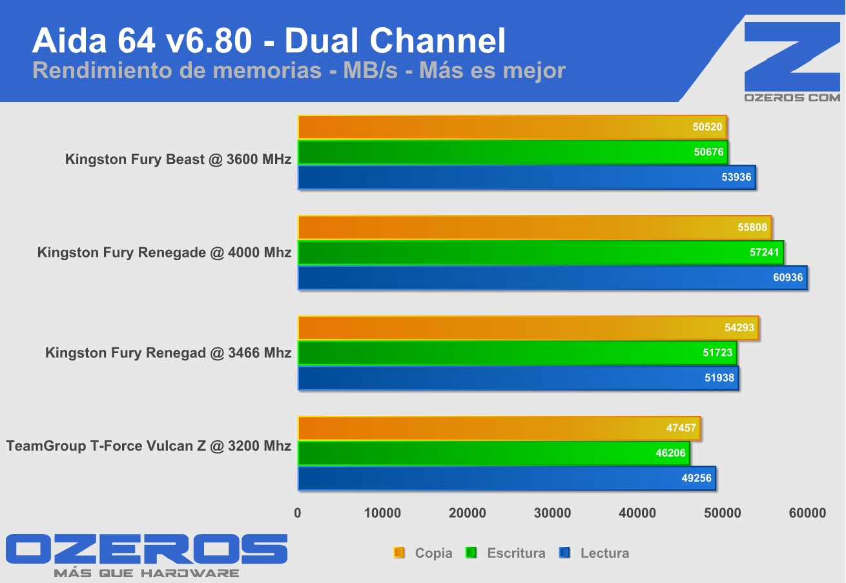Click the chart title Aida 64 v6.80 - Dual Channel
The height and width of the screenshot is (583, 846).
[x=269, y=41]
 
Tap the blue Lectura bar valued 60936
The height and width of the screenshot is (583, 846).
[x=552, y=278]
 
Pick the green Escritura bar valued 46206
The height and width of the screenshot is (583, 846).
[x=493, y=453]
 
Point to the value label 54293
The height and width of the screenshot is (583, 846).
[x=739, y=328]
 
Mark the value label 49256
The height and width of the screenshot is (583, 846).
[x=696, y=479]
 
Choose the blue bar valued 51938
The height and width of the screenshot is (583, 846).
[x=517, y=378]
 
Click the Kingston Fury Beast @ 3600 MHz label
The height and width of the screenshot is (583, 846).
[x=178, y=159]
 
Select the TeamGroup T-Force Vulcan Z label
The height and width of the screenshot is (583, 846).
[x=149, y=446]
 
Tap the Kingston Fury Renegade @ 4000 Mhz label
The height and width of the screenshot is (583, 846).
[x=164, y=252]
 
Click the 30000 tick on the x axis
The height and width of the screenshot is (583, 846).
[x=552, y=513]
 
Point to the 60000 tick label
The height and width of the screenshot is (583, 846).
[x=807, y=513]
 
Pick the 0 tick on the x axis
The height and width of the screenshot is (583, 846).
[x=298, y=513]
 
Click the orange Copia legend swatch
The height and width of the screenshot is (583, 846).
[x=399, y=553]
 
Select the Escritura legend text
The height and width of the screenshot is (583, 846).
[x=516, y=553]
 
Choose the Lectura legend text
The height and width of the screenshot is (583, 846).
[x=604, y=553]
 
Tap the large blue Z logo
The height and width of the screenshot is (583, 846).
[x=792, y=57]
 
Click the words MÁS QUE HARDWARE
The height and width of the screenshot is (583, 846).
[x=147, y=573]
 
